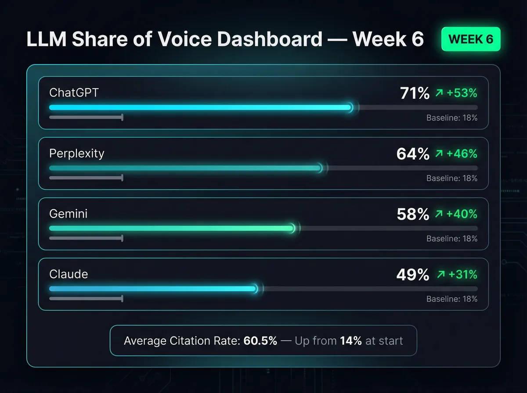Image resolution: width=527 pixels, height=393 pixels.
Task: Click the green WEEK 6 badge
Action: click(x=471, y=39)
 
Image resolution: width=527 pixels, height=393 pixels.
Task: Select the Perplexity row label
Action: click(x=77, y=153)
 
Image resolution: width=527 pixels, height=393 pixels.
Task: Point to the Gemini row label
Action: click(x=69, y=214)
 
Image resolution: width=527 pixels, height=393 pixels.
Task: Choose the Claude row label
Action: click(x=69, y=274)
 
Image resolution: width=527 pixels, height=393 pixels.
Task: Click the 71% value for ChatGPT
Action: click(x=415, y=93)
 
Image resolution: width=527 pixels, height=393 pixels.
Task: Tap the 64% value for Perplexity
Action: click(x=413, y=154)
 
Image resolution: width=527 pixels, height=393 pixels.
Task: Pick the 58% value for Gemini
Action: click(x=413, y=214)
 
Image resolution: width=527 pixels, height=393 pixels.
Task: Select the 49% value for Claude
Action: click(x=413, y=275)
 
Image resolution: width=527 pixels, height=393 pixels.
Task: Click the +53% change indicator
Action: click(x=457, y=93)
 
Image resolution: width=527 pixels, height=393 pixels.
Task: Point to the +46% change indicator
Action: click(x=457, y=154)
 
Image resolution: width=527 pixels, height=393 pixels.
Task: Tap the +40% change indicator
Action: click(x=457, y=214)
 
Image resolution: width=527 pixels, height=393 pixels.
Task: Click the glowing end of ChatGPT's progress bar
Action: click(x=350, y=107)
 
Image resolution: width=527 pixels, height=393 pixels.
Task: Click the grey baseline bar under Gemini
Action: click(x=86, y=238)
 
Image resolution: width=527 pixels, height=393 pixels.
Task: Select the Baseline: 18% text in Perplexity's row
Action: click(x=452, y=179)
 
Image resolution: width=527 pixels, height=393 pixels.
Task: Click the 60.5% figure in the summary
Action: click(x=260, y=341)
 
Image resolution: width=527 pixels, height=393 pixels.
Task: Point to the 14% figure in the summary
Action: click(x=351, y=341)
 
